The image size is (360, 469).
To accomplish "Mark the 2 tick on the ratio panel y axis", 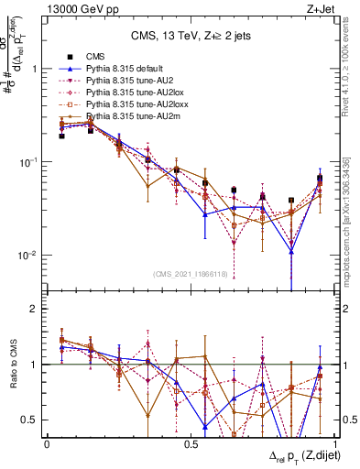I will (34, 309).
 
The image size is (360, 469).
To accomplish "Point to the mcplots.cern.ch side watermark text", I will (350, 229).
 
